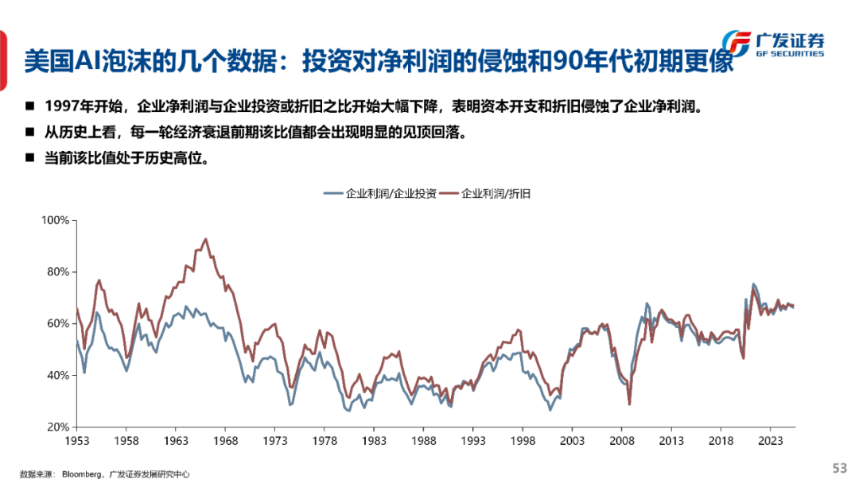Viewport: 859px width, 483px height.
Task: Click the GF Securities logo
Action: [775, 44]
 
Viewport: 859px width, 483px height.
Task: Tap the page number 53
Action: [839, 467]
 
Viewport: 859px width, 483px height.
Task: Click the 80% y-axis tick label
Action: [56, 271]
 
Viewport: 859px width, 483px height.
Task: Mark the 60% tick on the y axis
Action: [56, 323]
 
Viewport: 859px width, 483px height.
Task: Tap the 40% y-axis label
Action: [56, 375]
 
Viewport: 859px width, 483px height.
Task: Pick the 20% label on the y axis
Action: [56, 427]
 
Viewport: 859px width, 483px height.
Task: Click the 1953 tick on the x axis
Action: [77, 439]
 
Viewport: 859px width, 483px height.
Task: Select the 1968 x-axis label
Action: [226, 439]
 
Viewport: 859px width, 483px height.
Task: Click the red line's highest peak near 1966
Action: [206, 238]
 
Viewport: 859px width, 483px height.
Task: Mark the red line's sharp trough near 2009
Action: [630, 404]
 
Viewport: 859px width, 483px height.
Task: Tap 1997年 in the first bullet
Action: [65, 106]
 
